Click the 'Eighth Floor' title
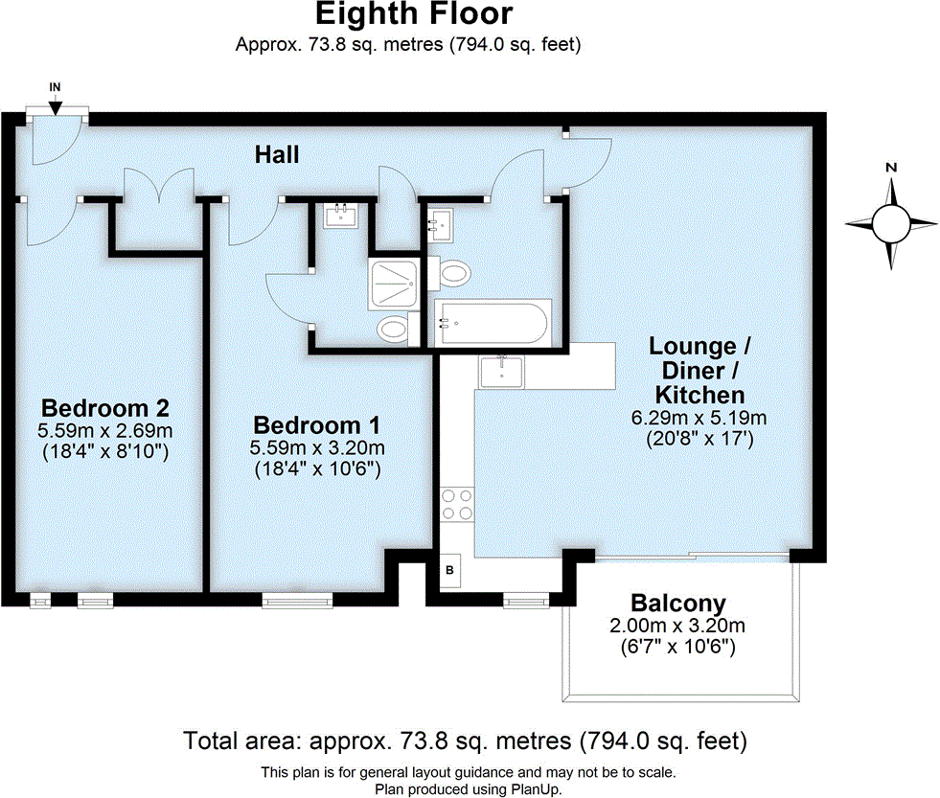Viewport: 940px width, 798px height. [413, 15]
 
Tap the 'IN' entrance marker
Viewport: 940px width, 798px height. [56, 87]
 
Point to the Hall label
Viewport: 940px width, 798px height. [277, 154]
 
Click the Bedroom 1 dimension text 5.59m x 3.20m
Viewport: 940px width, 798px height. [318, 448]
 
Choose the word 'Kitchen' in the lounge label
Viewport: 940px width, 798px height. [699, 395]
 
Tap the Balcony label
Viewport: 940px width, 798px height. [677, 604]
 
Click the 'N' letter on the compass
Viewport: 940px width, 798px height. [891, 168]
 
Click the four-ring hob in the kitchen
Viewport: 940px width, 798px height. [455, 504]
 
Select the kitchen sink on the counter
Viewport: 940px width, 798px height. [500, 370]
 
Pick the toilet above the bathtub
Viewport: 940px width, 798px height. [453, 274]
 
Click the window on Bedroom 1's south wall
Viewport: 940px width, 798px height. [299, 601]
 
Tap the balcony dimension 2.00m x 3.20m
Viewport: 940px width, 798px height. [677, 626]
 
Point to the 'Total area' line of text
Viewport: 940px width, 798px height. [465, 741]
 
